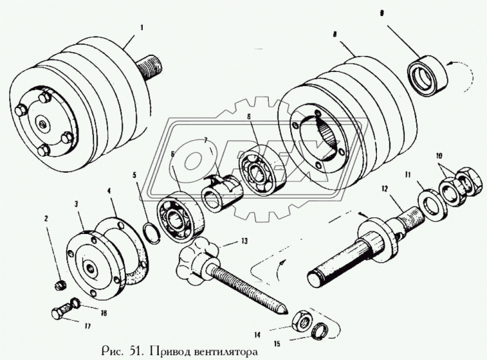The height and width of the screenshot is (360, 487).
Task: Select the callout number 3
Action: [x=77, y=203]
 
